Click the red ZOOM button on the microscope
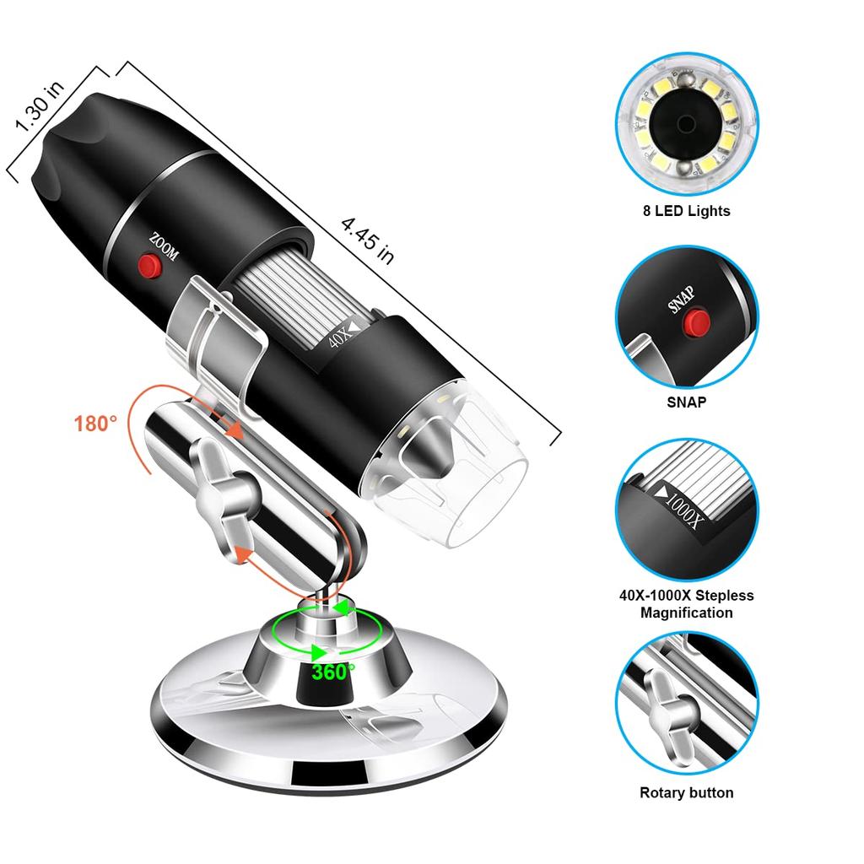[x=151, y=267]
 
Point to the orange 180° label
[x=95, y=423]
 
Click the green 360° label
[x=332, y=672]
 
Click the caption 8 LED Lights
[x=685, y=211]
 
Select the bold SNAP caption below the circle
[x=685, y=402]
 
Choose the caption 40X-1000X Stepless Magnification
[x=685, y=604]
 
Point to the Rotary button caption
[x=686, y=792]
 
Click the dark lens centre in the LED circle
[x=684, y=125]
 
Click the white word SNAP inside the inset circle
[x=682, y=300]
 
